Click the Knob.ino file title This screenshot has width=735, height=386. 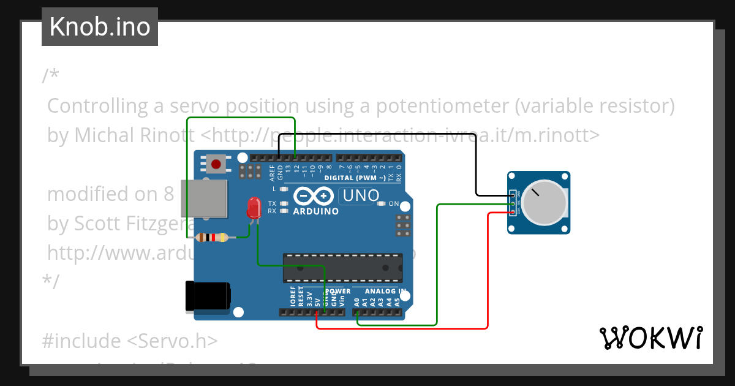point(99,27)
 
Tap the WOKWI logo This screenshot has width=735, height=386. point(650,338)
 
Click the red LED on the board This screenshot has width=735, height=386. point(253,209)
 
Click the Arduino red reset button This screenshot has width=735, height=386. point(216,164)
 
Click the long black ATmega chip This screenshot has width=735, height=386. point(342,268)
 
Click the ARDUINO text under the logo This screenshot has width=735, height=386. point(316,211)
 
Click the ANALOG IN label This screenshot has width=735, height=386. point(385,292)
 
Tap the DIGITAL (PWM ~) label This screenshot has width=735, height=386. point(355,178)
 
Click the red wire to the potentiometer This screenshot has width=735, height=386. point(487,276)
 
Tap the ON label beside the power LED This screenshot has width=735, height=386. point(394,203)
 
